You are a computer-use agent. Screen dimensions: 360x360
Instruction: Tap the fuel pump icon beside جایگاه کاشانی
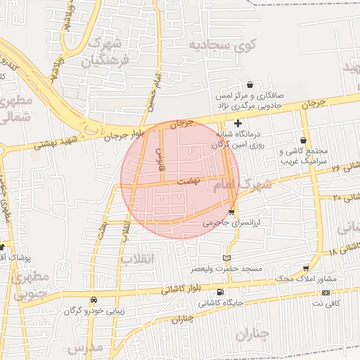tap(221, 292)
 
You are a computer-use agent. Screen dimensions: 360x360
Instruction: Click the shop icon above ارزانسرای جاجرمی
tap(232, 212)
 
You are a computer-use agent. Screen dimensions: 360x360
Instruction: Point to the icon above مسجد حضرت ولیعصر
tap(226, 258)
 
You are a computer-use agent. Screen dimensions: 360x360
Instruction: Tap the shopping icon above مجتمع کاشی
tap(303, 141)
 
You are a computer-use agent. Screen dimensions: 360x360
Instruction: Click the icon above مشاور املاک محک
tap(306, 269)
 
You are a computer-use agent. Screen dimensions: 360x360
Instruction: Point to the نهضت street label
tap(188, 181)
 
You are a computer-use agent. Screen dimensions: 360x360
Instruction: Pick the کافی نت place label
tap(326, 302)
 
